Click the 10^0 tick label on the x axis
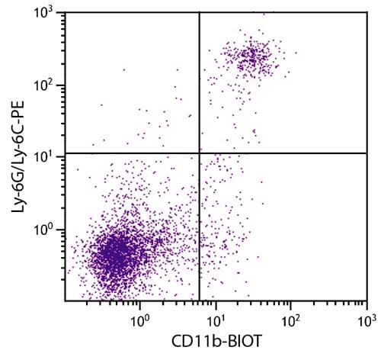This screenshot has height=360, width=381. click(139, 314)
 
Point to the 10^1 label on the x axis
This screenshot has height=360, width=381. click(215, 314)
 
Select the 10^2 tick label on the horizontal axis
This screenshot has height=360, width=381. click(291, 314)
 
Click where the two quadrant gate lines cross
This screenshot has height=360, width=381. click(200, 153)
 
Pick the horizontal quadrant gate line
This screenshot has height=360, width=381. click(290, 153)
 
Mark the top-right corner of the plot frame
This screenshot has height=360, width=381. click(367, 13)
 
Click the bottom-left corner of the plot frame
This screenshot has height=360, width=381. click(64, 300)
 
